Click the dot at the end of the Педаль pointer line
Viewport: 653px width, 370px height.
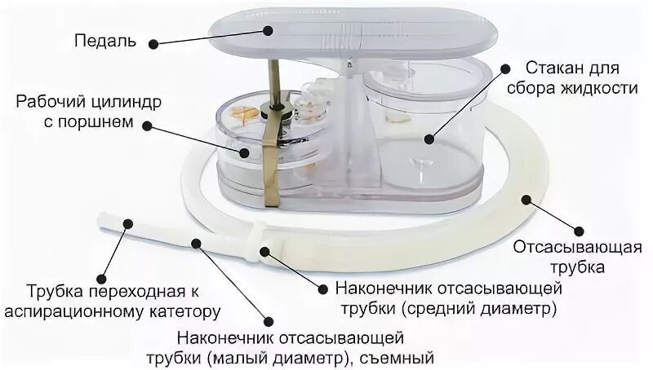click(269, 30)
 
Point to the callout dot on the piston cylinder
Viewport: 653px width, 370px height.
click(244, 152)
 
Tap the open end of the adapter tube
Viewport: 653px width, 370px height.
click(103, 221)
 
